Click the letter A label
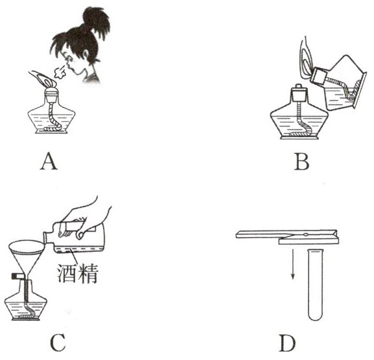49,161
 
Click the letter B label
302,162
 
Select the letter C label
58,343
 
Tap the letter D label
287,343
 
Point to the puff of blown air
60,72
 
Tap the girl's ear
85,56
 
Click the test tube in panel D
316,284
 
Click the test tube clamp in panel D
287,236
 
